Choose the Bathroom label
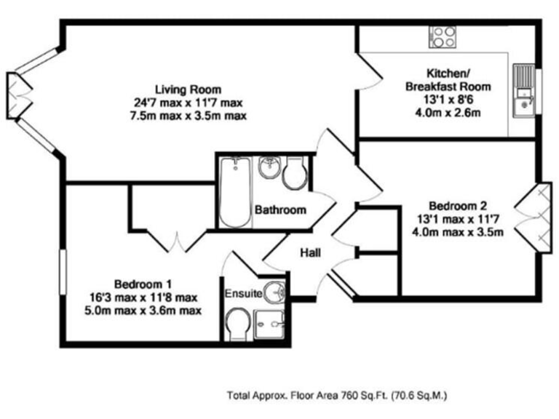pos(280,210)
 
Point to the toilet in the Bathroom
pos(295,174)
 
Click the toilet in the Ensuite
pos(238,323)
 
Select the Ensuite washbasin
pos(274,292)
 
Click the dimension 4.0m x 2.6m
pos(448,113)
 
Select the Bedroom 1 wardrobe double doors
pos(174,242)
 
